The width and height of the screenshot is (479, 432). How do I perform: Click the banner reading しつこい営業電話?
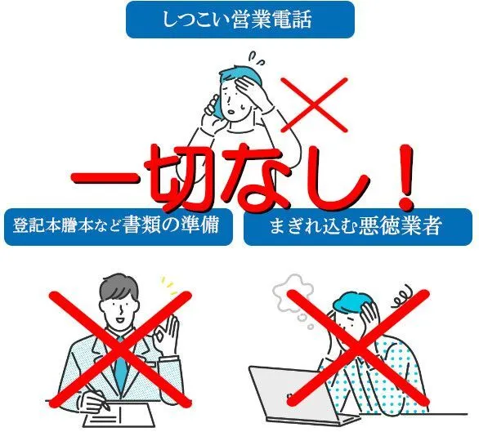click(x=240, y=20)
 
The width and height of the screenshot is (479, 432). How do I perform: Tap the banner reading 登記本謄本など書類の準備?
click(x=119, y=227)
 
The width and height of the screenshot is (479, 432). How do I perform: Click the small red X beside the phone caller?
click(x=314, y=105)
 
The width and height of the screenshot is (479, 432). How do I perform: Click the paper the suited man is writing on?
click(x=119, y=415)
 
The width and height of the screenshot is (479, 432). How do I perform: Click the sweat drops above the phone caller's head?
click(x=256, y=58)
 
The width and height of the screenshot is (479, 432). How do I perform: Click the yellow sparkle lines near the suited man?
click(x=169, y=286)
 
